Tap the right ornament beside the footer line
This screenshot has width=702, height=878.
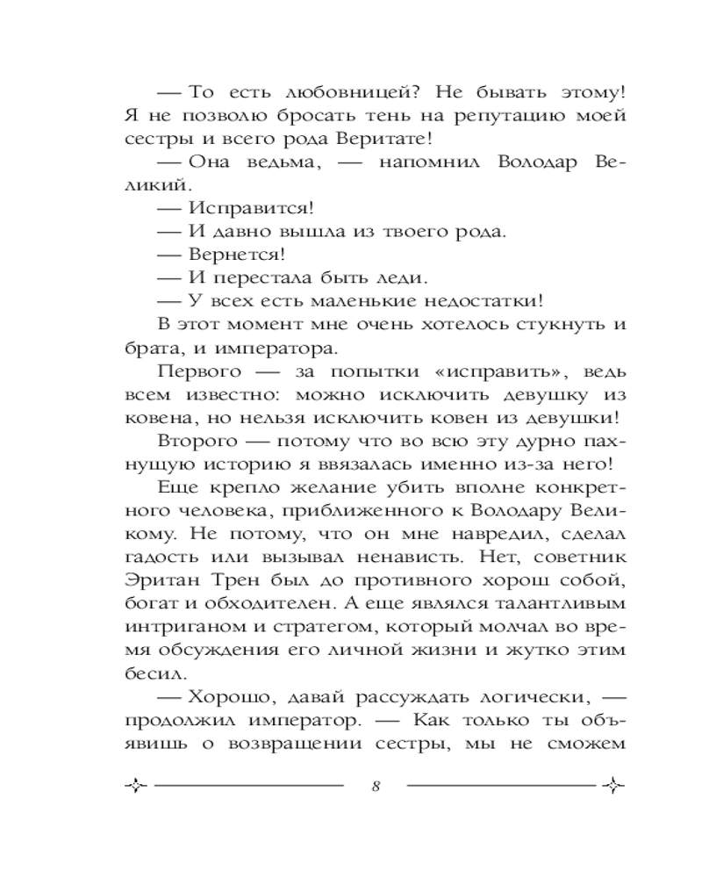coord(613,785)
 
